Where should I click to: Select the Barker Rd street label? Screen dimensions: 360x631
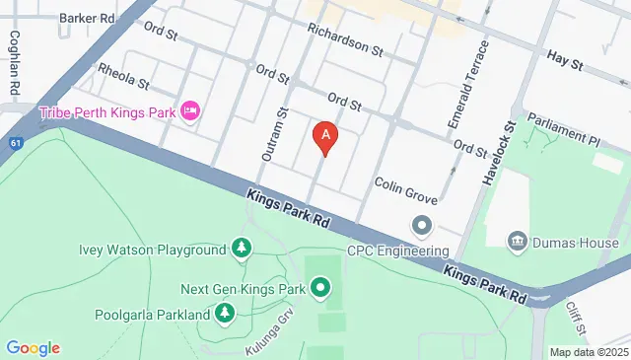[87, 18]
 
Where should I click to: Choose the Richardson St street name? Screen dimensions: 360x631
[344, 39]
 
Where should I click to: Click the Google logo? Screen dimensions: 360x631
[33, 347]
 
